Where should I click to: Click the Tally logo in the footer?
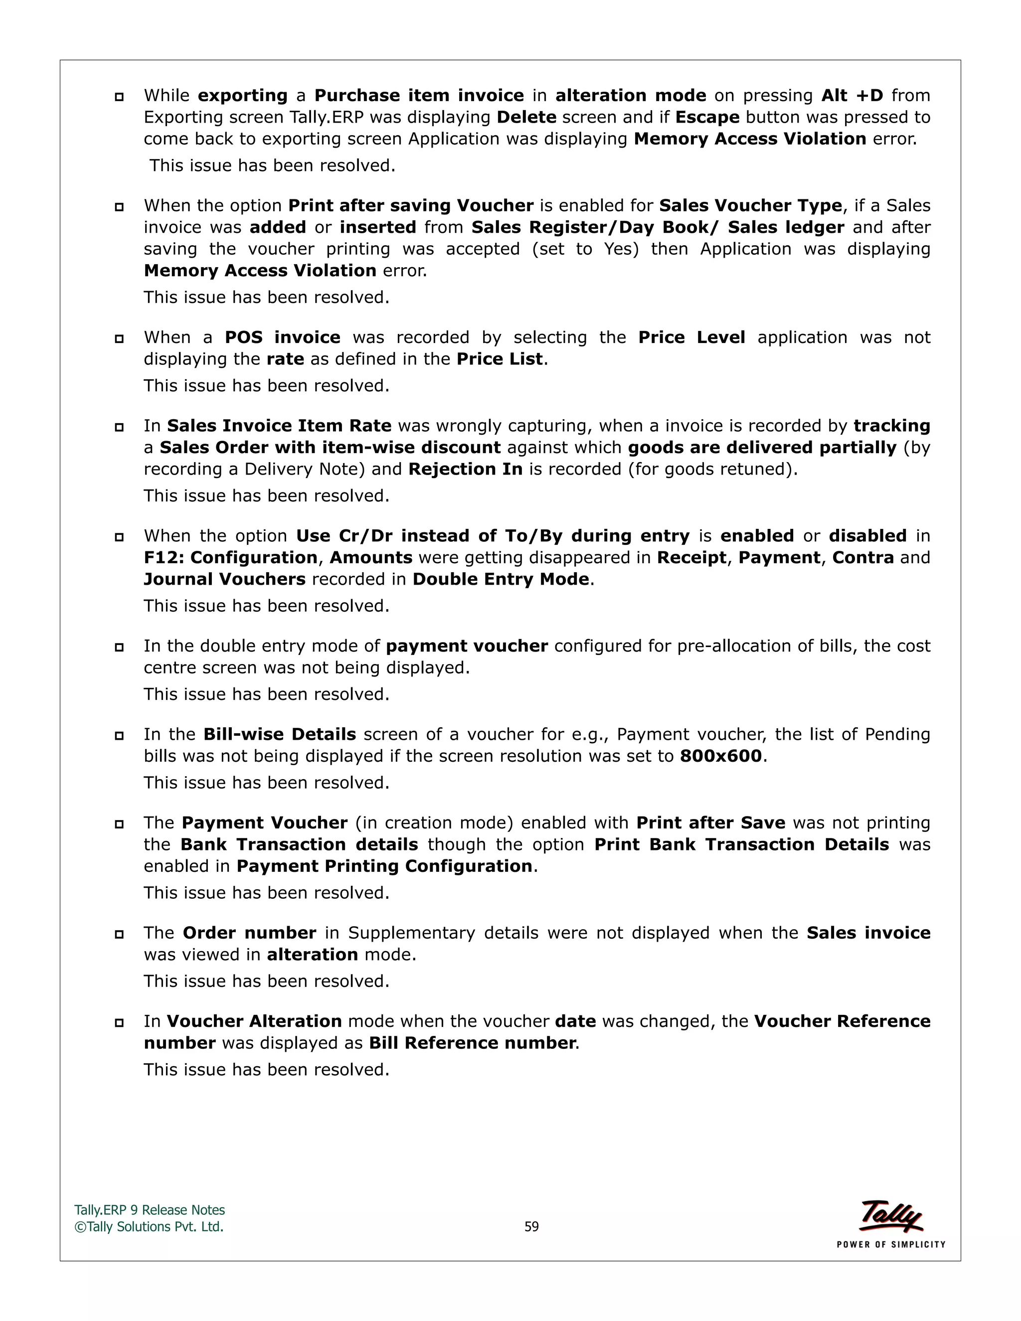pyautogui.click(x=891, y=1216)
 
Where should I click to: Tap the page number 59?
pyautogui.click(x=531, y=1227)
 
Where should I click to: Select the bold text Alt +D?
pyautogui.click(x=851, y=96)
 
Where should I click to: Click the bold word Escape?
pyautogui.click(x=707, y=117)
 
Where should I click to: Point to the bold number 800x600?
pyautogui.click(x=720, y=756)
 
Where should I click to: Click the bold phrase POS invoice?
pyautogui.click(x=283, y=337)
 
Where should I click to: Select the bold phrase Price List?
pyautogui.click(x=500, y=359)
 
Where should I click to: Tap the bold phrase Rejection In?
pyautogui.click(x=465, y=470)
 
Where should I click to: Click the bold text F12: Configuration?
pyautogui.click(x=230, y=558)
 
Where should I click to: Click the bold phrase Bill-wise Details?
pyautogui.click(x=280, y=734)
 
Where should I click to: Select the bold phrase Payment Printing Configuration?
pyautogui.click(x=384, y=866)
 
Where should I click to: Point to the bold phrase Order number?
pyautogui.click(x=249, y=933)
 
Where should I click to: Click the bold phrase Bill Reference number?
pyautogui.click(x=472, y=1043)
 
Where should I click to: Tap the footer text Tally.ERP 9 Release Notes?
pyautogui.click(x=150, y=1210)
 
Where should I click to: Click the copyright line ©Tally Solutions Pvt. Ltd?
pyautogui.click(x=149, y=1227)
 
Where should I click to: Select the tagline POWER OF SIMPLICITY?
pyautogui.click(x=890, y=1245)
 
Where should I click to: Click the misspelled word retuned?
pyautogui.click(x=760, y=470)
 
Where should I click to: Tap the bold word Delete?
pyautogui.click(x=526, y=117)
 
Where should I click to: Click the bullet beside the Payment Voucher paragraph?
pyautogui.click(x=119, y=824)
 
